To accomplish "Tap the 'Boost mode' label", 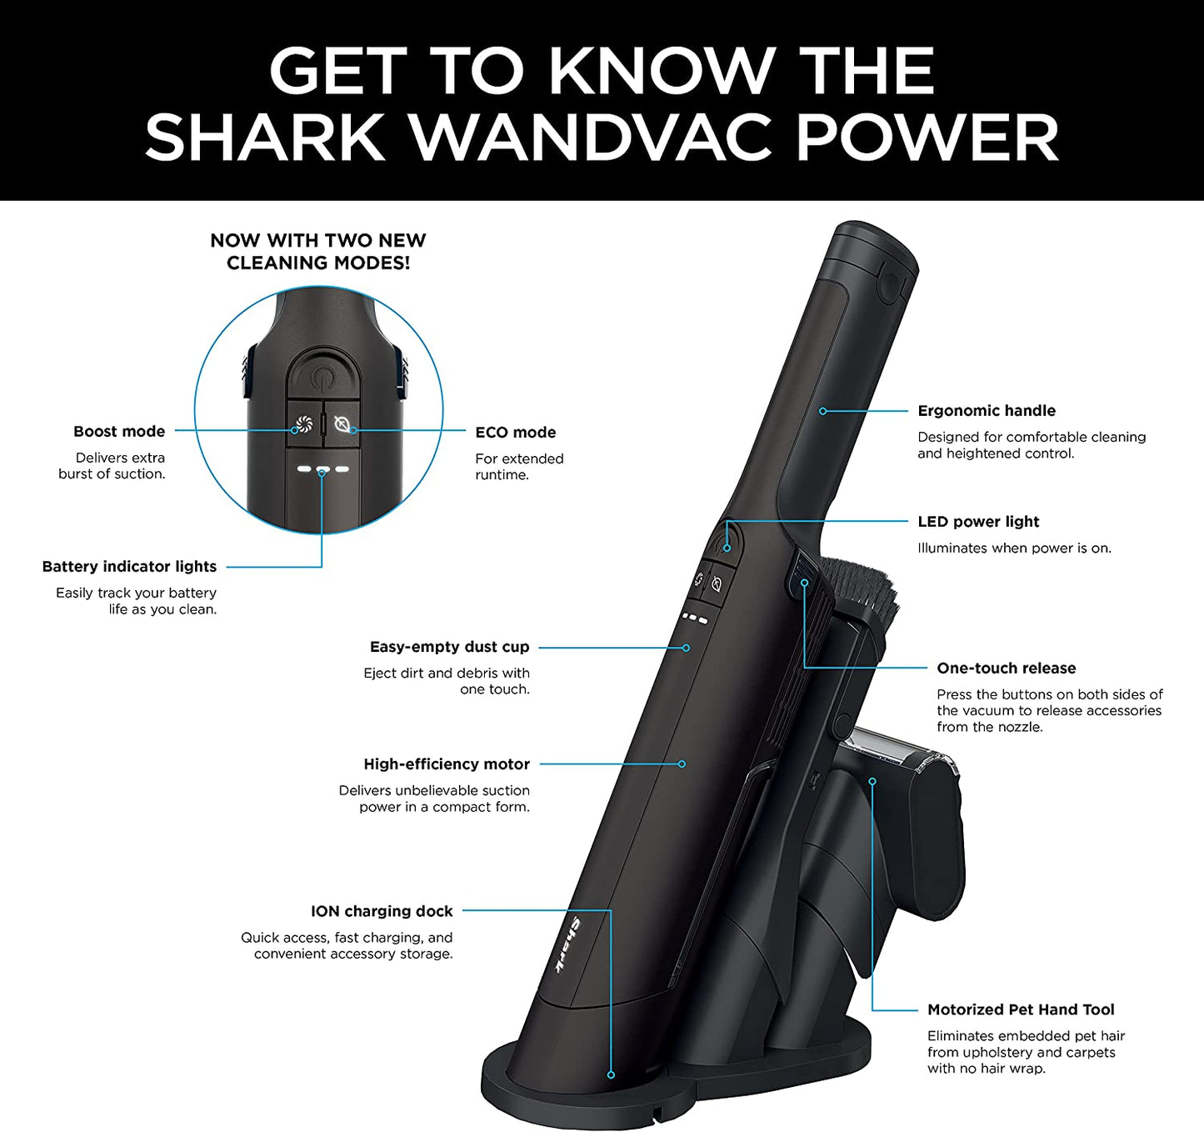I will pyautogui.click(x=119, y=432).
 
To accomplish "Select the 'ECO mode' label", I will pyautogui.click(x=515, y=433).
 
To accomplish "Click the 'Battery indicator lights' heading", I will pyautogui.click(x=129, y=567).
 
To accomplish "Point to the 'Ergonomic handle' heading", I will pyautogui.click(x=987, y=411).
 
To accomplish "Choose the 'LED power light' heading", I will pyautogui.click(x=978, y=522).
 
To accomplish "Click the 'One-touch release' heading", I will pyautogui.click(x=1006, y=669).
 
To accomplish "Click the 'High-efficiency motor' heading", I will pyautogui.click(x=447, y=764).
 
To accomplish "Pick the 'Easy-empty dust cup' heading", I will pyautogui.click(x=449, y=647).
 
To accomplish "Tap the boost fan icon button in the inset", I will pyautogui.click(x=303, y=424).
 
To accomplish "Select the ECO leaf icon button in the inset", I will pyautogui.click(x=342, y=424).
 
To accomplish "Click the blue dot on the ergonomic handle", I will pyautogui.click(x=822, y=411).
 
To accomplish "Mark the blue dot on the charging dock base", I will pyautogui.click(x=611, y=1075).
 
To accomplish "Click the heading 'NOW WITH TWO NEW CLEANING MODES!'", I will pyautogui.click(x=318, y=252).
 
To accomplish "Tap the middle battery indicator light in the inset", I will pyautogui.click(x=322, y=469).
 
